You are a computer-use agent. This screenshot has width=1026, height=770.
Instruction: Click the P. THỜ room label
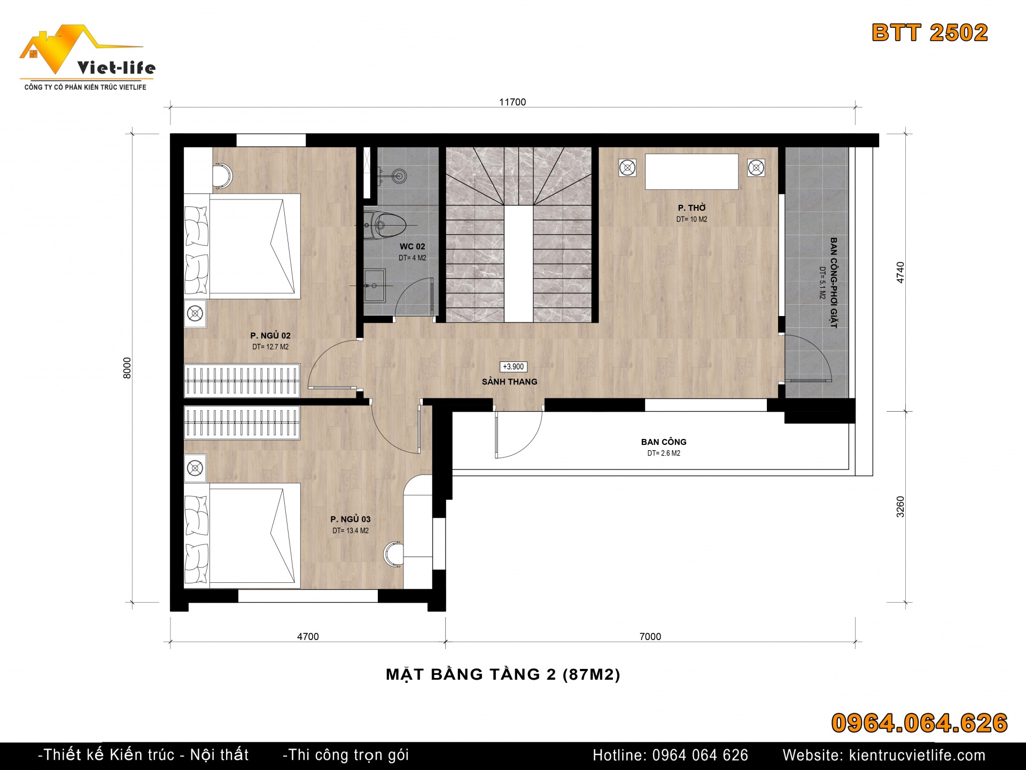pos(692,208)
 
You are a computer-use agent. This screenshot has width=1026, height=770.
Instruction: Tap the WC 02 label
pos(413,247)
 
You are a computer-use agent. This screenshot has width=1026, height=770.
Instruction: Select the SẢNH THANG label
pos(510,382)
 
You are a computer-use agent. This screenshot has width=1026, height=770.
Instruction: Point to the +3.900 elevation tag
pos(514,367)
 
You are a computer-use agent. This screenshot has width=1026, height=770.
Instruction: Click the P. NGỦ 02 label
pos(270,336)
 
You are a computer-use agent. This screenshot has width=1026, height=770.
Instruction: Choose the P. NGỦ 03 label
pos(351,519)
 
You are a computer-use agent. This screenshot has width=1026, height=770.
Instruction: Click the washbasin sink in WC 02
pos(375,286)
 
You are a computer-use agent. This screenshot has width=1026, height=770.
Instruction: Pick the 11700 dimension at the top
pos(512,102)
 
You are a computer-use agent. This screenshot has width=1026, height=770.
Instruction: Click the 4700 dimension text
pos(308,636)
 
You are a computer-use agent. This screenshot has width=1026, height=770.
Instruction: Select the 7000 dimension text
pos(650,636)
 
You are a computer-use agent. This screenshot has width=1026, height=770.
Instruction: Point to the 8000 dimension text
pos(127,368)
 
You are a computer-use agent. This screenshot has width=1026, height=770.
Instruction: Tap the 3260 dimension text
pos(900,507)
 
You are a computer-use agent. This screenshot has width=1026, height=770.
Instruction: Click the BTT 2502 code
pos(930,33)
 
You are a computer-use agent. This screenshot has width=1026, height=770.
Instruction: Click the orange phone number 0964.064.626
pos(919,723)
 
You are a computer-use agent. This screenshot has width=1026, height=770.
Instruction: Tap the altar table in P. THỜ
pos(691,172)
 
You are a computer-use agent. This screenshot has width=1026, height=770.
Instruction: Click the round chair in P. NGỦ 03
pos(393,554)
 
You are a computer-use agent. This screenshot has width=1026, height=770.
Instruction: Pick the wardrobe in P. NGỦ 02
pos(242,380)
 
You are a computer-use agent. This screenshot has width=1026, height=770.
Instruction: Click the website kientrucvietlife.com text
pos(884,755)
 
